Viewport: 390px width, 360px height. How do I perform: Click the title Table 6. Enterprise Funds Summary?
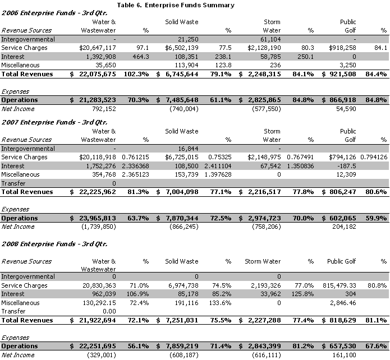click(176, 5)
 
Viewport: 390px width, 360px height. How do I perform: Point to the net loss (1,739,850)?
click(98, 227)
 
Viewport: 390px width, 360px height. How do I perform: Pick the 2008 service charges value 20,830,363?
click(96, 286)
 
